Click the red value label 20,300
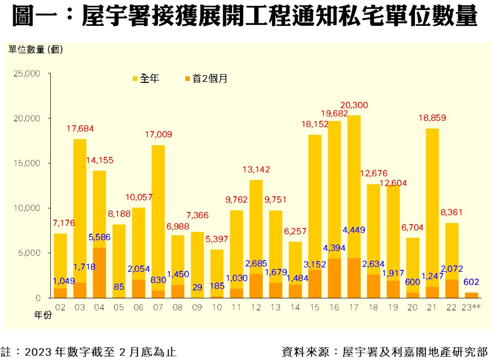(x=354, y=105)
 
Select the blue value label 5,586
(x=99, y=238)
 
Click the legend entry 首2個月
(x=210, y=78)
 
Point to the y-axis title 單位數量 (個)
(x=36, y=49)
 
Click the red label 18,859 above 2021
(x=432, y=118)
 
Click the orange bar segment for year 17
(x=354, y=278)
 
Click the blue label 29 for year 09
(x=197, y=287)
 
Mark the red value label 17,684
(x=80, y=129)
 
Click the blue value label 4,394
(x=334, y=248)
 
